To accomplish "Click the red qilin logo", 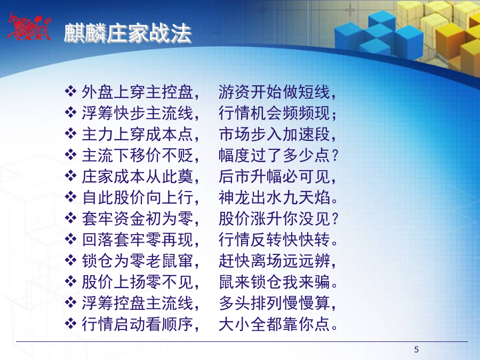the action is (x=29, y=27).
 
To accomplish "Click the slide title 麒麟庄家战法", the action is (x=127, y=33).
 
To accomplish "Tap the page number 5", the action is (x=417, y=349).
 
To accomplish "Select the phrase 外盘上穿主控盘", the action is (x=138, y=92).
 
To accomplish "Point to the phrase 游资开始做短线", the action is (x=274, y=92).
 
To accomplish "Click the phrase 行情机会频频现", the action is (x=274, y=113).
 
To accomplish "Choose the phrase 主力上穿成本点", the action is (x=138, y=134).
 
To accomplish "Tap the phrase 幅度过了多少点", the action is (x=274, y=155).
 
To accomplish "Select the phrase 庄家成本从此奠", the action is (x=138, y=177).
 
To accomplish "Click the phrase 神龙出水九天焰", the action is (x=274, y=197).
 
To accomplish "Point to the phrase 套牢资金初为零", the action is (x=138, y=219).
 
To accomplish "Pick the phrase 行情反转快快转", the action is (x=274, y=239).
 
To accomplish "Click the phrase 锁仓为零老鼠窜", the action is (x=138, y=261).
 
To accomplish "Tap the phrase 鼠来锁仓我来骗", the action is (x=274, y=282).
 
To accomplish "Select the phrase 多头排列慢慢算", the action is (x=274, y=303).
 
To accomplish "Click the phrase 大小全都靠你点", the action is (x=274, y=324).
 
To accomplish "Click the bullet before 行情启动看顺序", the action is (x=71, y=324).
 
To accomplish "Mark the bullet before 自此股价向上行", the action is (x=71, y=197).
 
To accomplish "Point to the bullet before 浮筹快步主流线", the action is (x=71, y=113).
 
